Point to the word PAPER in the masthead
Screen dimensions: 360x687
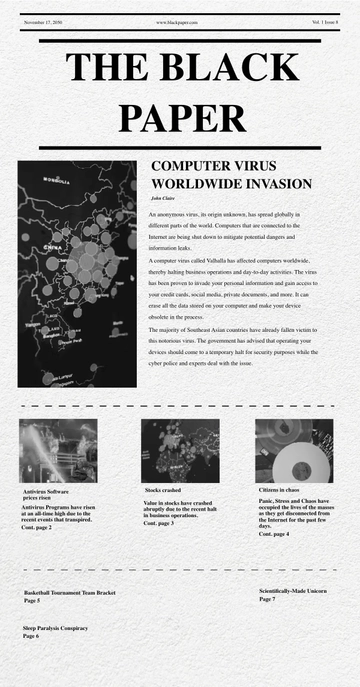[x=181, y=117]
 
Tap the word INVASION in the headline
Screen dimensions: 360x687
[x=272, y=185]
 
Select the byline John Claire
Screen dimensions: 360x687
[x=163, y=199]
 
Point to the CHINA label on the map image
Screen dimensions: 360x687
[x=51, y=246]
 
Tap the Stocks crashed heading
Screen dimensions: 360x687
[x=162, y=490]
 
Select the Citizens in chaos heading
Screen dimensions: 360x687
[x=279, y=490]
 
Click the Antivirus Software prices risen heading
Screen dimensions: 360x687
[x=45, y=494]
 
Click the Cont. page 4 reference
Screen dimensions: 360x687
[x=273, y=534]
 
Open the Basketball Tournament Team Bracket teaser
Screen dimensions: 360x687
[x=69, y=593]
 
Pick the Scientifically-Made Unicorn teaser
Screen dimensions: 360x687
[x=292, y=592]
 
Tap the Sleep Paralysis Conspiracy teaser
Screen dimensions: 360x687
[x=55, y=628]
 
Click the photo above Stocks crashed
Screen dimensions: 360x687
[x=179, y=450]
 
